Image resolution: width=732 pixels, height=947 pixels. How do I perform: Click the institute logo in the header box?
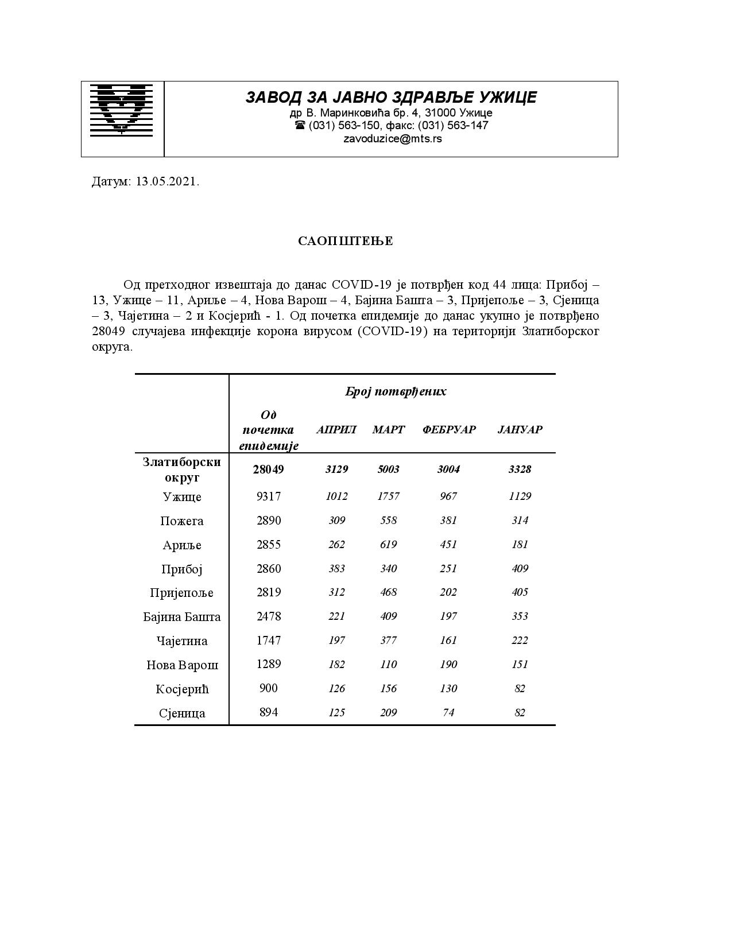[122, 110]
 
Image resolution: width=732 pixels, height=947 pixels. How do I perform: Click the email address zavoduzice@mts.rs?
[392, 139]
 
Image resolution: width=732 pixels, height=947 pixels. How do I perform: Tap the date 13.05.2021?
[168, 182]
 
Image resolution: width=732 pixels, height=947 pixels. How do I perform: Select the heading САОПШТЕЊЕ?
[345, 241]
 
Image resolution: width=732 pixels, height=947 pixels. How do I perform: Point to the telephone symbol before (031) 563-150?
[300, 126]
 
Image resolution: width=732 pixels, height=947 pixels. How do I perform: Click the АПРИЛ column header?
[336, 430]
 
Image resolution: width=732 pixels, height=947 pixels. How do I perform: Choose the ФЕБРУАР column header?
[449, 430]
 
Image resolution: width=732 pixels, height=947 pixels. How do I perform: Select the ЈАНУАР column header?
[520, 430]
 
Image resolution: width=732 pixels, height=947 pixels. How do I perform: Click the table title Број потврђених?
[395, 392]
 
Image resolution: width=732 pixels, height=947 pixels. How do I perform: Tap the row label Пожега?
[182, 521]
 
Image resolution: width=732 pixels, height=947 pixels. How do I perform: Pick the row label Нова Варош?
[182, 665]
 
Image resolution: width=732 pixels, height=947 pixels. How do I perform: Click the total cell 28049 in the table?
[268, 469]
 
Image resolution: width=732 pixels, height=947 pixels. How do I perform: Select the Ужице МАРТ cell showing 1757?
[388, 496]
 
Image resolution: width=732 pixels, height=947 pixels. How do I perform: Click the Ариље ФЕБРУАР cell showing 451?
[448, 545]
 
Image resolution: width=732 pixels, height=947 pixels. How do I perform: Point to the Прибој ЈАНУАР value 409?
[520, 569]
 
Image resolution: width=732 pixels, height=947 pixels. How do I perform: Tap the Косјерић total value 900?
[268, 688]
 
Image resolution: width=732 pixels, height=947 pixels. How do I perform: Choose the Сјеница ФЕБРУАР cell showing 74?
[448, 713]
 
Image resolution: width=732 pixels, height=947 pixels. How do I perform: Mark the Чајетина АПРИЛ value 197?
[336, 641]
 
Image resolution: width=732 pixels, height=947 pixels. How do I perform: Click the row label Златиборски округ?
[181, 469]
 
